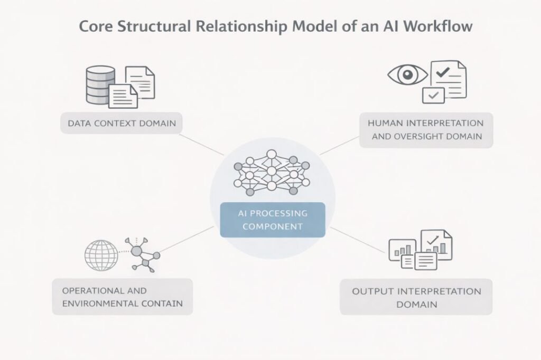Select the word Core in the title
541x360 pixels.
point(96,26)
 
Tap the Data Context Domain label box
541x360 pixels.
point(122,124)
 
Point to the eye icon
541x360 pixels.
point(407,74)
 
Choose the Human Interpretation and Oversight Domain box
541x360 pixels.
point(426,130)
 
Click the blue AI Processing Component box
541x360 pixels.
point(272,220)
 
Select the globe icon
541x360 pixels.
point(101,255)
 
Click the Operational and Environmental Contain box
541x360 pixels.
point(122,297)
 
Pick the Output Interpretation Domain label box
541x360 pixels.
point(416,297)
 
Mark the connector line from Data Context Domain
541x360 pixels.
point(202,144)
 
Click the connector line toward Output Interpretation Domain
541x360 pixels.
point(357,240)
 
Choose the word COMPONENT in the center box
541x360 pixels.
point(272,226)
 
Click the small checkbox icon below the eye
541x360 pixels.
point(434,95)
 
